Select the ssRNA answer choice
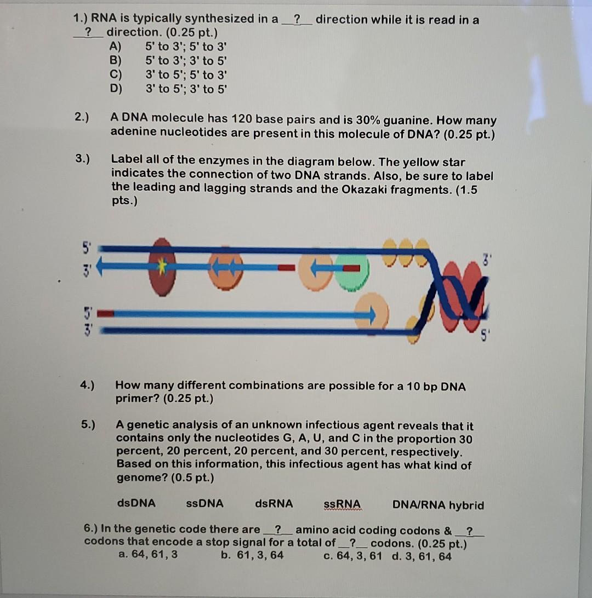342,504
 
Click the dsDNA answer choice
136,503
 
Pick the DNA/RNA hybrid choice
438,505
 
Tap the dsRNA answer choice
274,503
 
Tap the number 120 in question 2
241,119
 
